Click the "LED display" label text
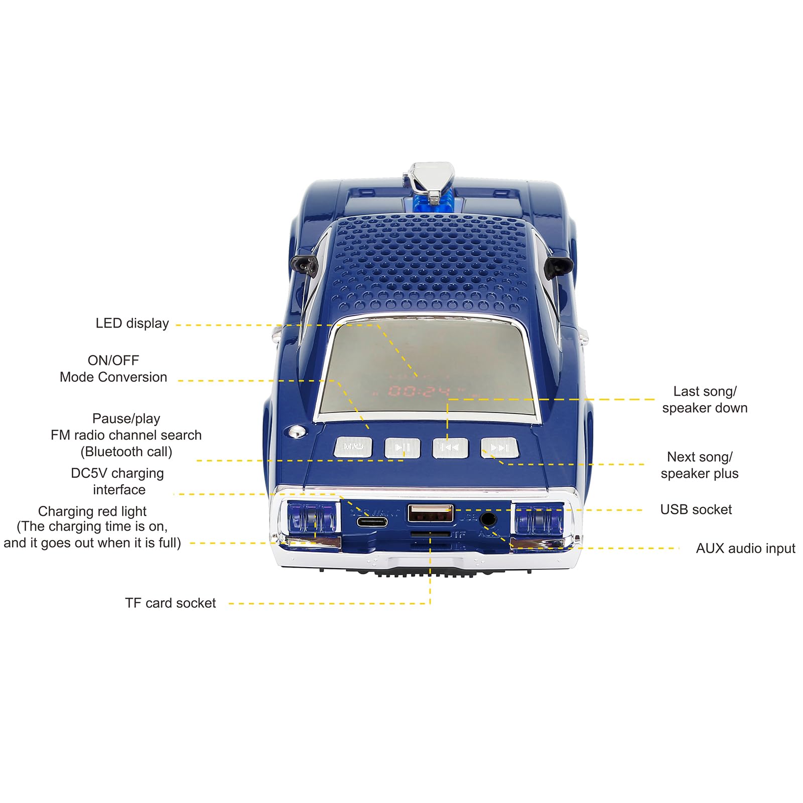click(x=132, y=324)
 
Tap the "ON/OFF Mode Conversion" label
click(x=113, y=369)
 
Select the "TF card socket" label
click(x=170, y=603)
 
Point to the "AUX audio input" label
click(x=745, y=549)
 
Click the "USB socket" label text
click(x=696, y=510)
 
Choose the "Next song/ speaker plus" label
click(x=699, y=465)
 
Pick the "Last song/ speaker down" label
click(x=705, y=399)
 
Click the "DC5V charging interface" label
click(x=118, y=481)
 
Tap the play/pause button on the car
click(x=402, y=448)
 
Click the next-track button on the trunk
click(x=498, y=448)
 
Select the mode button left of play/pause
click(x=353, y=447)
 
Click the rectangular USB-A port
click(x=430, y=513)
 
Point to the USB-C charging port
click(x=372, y=522)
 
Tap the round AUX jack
click(x=487, y=519)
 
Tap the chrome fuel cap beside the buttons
click(x=297, y=432)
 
